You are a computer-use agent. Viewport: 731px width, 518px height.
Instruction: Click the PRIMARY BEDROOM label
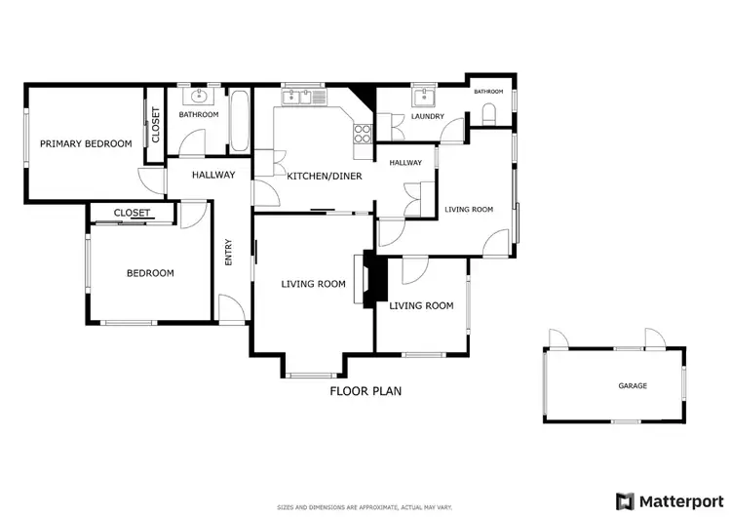86,143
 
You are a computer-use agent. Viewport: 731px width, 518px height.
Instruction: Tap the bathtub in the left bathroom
239,122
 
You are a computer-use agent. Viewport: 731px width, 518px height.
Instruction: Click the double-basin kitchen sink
302,97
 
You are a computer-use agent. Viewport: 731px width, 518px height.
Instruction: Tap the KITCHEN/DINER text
325,176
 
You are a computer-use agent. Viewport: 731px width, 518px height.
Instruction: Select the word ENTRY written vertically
229,253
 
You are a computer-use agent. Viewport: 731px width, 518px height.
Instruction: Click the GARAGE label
633,385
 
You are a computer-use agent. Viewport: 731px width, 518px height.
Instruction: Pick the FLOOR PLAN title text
365,391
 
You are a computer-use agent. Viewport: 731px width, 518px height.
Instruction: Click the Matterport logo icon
625,500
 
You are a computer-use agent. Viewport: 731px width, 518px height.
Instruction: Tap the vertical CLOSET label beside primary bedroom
155,125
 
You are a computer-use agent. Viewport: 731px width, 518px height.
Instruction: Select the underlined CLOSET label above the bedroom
132,213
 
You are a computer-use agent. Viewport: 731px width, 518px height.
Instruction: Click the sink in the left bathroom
202,96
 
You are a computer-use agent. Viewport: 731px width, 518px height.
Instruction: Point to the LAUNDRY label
428,117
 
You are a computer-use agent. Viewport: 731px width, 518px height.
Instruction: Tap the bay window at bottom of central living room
312,375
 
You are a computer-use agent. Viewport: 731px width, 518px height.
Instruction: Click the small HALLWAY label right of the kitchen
405,163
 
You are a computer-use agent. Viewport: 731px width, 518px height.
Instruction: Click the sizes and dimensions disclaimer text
365,507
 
